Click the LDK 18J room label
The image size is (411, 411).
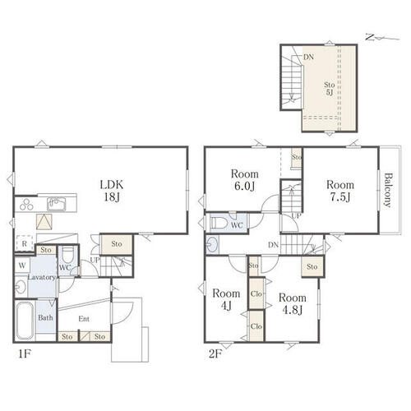(x=112, y=191)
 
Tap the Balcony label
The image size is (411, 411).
(x=387, y=190)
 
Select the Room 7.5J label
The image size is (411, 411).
(x=340, y=191)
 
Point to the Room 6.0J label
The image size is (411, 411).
(x=245, y=180)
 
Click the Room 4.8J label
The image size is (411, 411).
(x=293, y=304)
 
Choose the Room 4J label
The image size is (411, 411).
(x=226, y=299)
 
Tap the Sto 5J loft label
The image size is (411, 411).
(x=330, y=88)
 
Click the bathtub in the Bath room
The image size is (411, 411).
(x=25, y=321)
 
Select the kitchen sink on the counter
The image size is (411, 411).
(x=56, y=204)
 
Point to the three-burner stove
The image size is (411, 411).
(x=26, y=205)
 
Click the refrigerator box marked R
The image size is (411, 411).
(x=24, y=243)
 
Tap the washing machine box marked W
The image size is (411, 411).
(x=22, y=265)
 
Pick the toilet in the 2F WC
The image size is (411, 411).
(x=219, y=223)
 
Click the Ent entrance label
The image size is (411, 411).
(x=84, y=319)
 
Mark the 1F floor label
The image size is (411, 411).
(x=24, y=354)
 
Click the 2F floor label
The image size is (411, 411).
(x=215, y=354)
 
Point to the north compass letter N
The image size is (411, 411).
(x=370, y=37)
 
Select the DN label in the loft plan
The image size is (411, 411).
(x=308, y=58)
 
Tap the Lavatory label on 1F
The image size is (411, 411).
(x=42, y=277)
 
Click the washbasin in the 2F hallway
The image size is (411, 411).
(x=212, y=244)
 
